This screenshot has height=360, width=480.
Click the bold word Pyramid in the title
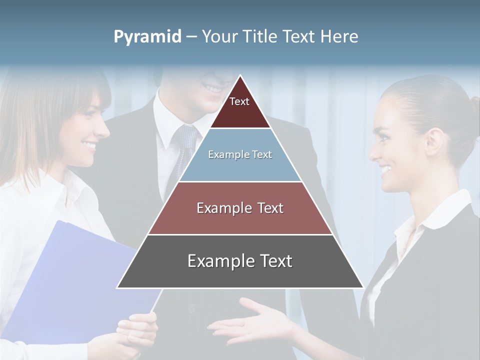[147, 37]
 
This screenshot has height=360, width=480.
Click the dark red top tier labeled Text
[239, 107]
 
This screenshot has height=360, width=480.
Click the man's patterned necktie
[184, 145]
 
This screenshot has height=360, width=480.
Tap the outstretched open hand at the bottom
[250, 322]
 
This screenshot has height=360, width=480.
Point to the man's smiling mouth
[213, 88]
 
